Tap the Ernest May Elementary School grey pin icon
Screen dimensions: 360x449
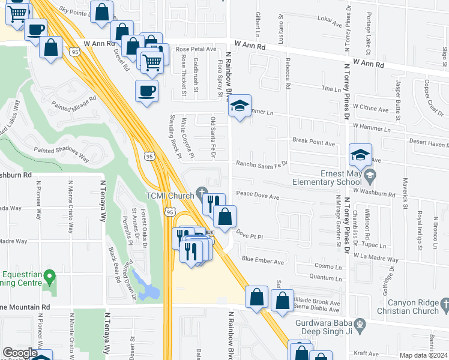pos(370,175)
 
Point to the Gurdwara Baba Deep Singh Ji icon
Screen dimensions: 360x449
pos(360,325)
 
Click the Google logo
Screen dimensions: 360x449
pos(20,353)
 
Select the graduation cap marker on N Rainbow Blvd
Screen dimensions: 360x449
pos(240,106)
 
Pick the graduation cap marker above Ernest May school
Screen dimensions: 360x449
pos(360,155)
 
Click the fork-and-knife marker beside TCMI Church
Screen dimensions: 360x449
pos(213,203)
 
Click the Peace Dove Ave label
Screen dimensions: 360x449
pos(258,196)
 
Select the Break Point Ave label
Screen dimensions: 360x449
pos(313,143)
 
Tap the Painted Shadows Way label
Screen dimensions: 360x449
pos(61,155)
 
